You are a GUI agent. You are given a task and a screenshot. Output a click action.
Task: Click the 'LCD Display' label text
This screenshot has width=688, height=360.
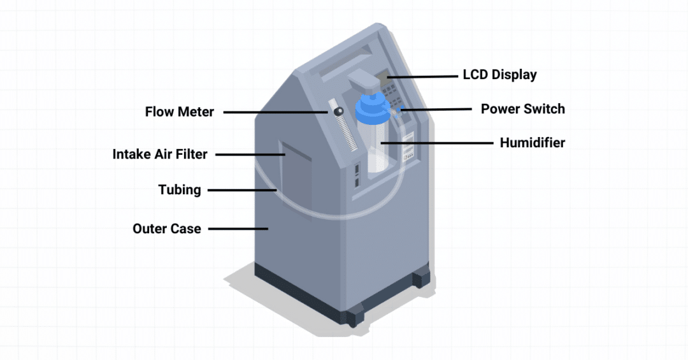pos(499,75)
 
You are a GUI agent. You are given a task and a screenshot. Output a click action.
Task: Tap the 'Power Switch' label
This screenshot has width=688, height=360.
pos(522,109)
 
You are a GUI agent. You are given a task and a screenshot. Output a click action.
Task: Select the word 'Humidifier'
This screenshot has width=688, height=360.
pos(532,143)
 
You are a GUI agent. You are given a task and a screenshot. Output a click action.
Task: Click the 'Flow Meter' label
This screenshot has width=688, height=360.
pos(180,112)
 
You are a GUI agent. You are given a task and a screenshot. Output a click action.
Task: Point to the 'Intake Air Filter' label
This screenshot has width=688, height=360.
pos(160,154)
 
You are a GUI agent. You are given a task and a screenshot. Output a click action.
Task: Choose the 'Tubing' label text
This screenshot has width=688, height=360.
pos(180,190)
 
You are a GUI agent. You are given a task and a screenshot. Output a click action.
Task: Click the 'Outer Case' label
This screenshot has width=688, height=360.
pos(167,228)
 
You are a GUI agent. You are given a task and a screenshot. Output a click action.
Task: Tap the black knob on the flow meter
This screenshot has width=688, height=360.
pos(337,112)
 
